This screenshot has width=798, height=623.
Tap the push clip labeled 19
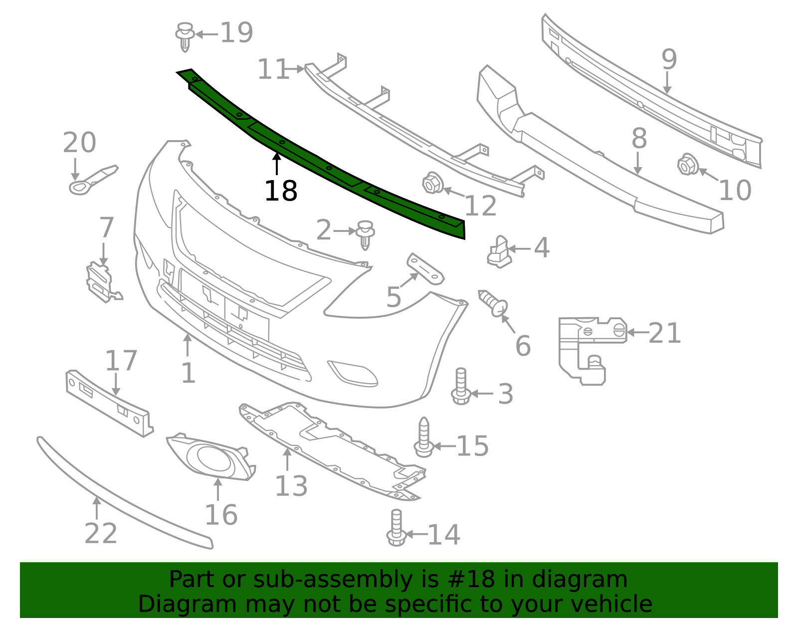click(185, 36)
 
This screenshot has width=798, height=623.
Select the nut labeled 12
click(432, 183)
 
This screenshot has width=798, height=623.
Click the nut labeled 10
click(688, 165)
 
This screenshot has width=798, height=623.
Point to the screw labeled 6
click(494, 303)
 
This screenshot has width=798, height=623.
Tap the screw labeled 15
click(423, 438)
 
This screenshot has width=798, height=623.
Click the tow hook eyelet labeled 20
click(92, 180)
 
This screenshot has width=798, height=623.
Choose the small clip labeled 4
click(499, 252)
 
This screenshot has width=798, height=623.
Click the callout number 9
click(669, 59)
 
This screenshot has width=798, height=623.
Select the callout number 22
click(101, 534)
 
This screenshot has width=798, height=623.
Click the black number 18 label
click(281, 191)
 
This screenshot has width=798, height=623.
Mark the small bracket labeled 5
click(425, 268)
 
